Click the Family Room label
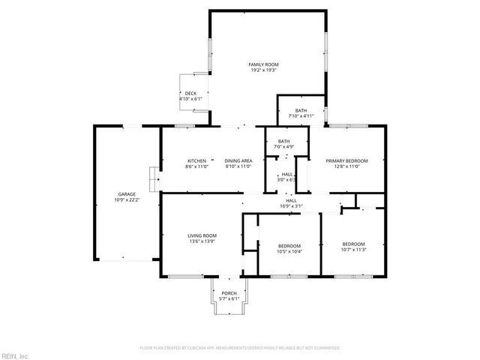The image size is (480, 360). pyautogui.click(x=263, y=65)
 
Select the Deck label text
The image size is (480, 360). pyautogui.click(x=190, y=93)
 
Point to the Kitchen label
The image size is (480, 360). pyautogui.click(x=196, y=160)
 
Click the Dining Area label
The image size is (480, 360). pyautogui.click(x=238, y=160)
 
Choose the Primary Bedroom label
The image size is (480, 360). pyautogui.click(x=346, y=160)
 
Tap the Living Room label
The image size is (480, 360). pyautogui.click(x=202, y=236)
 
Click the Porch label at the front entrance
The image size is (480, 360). pyautogui.click(x=229, y=293)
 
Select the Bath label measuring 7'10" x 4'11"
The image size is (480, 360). pyautogui.click(x=301, y=111)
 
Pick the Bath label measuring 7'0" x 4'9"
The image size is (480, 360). pyautogui.click(x=284, y=141)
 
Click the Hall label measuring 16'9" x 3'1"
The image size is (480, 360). pyautogui.click(x=291, y=200)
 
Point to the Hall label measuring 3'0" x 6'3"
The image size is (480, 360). pyautogui.click(x=287, y=174)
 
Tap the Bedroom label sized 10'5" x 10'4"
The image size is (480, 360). pyautogui.click(x=289, y=246)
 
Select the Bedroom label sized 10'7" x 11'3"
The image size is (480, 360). pyautogui.click(x=353, y=244)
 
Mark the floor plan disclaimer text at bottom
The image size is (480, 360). pyautogui.click(x=240, y=348)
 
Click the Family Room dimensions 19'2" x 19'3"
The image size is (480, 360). pyautogui.click(x=263, y=70)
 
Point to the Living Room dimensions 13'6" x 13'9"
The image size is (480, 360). pyautogui.click(x=202, y=241)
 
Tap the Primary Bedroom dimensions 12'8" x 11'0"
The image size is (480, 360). pyautogui.click(x=346, y=166)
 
